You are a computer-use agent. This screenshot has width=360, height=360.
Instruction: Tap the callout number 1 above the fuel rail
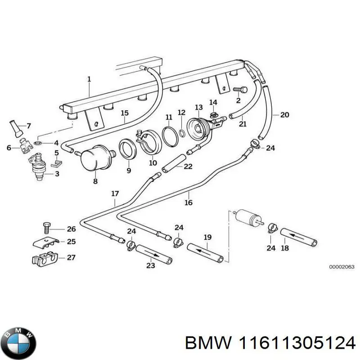pos(89,79)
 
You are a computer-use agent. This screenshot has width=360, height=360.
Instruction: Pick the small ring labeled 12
pos(182,133)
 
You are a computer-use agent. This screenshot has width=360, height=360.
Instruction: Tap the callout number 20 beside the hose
pos(284,115)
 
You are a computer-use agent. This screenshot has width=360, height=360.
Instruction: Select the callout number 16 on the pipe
pos(189,202)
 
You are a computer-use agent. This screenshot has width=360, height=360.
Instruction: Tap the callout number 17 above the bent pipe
pos(115,194)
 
